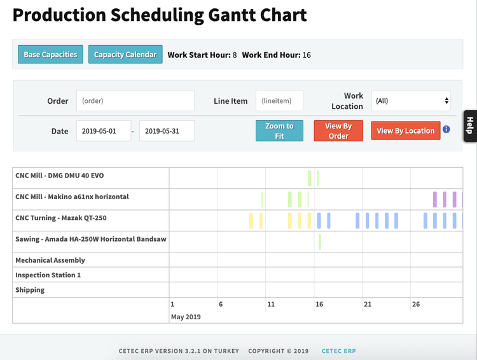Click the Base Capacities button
coord(50,55)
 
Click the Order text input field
coord(135,100)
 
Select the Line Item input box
coord(279,100)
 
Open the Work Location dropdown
coord(411,100)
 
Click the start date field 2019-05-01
coord(104,131)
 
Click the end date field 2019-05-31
coord(167,131)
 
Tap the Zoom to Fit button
coord(279,131)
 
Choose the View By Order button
coord(338,131)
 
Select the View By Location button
coord(405,131)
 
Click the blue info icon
coord(446,129)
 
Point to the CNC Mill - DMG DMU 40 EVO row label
coord(60,176)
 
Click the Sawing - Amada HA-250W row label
coord(91,239)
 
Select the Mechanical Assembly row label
coord(50,260)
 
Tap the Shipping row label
coord(30,290)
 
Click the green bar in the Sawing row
coord(320,242)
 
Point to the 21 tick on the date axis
coord(368,305)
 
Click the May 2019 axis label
coord(186,316)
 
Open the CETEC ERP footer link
coord(338,351)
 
